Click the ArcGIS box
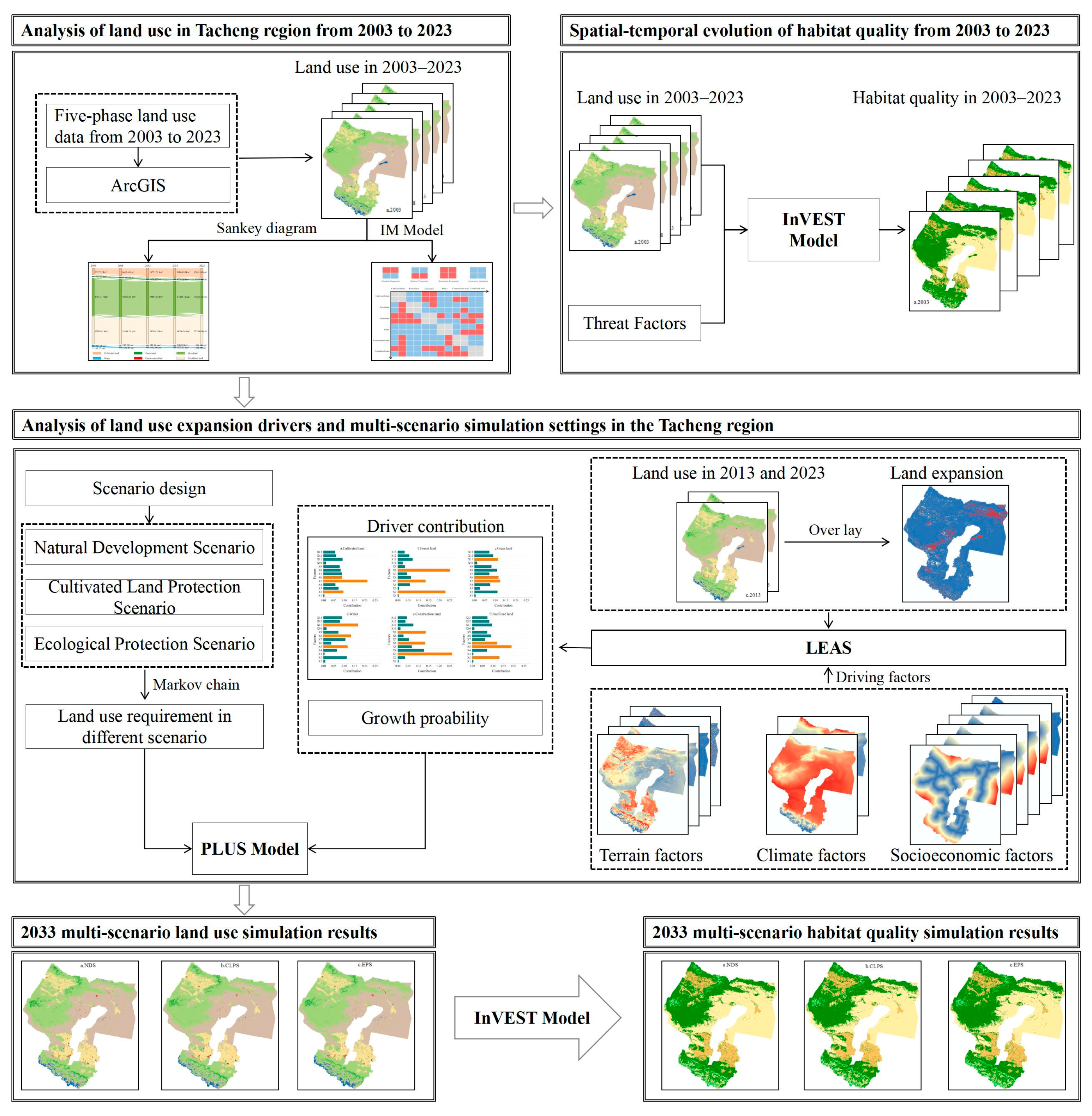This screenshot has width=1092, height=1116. click(x=138, y=185)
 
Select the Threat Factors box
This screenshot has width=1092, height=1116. click(x=634, y=323)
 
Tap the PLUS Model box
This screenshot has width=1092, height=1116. click(x=250, y=848)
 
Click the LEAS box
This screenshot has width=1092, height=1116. click(x=828, y=648)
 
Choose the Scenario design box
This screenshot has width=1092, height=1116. click(x=149, y=489)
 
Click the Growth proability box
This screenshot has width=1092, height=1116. click(x=425, y=718)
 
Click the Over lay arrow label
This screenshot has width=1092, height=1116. click(x=835, y=530)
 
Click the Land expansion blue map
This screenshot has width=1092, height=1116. click(x=955, y=544)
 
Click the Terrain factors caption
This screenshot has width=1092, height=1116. click(x=651, y=855)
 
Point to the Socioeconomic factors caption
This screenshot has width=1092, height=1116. click(x=972, y=855)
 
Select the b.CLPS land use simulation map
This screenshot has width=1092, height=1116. click(x=220, y=1025)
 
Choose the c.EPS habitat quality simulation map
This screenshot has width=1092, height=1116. click(x=1007, y=1025)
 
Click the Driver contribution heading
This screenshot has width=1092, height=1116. click(x=435, y=526)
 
